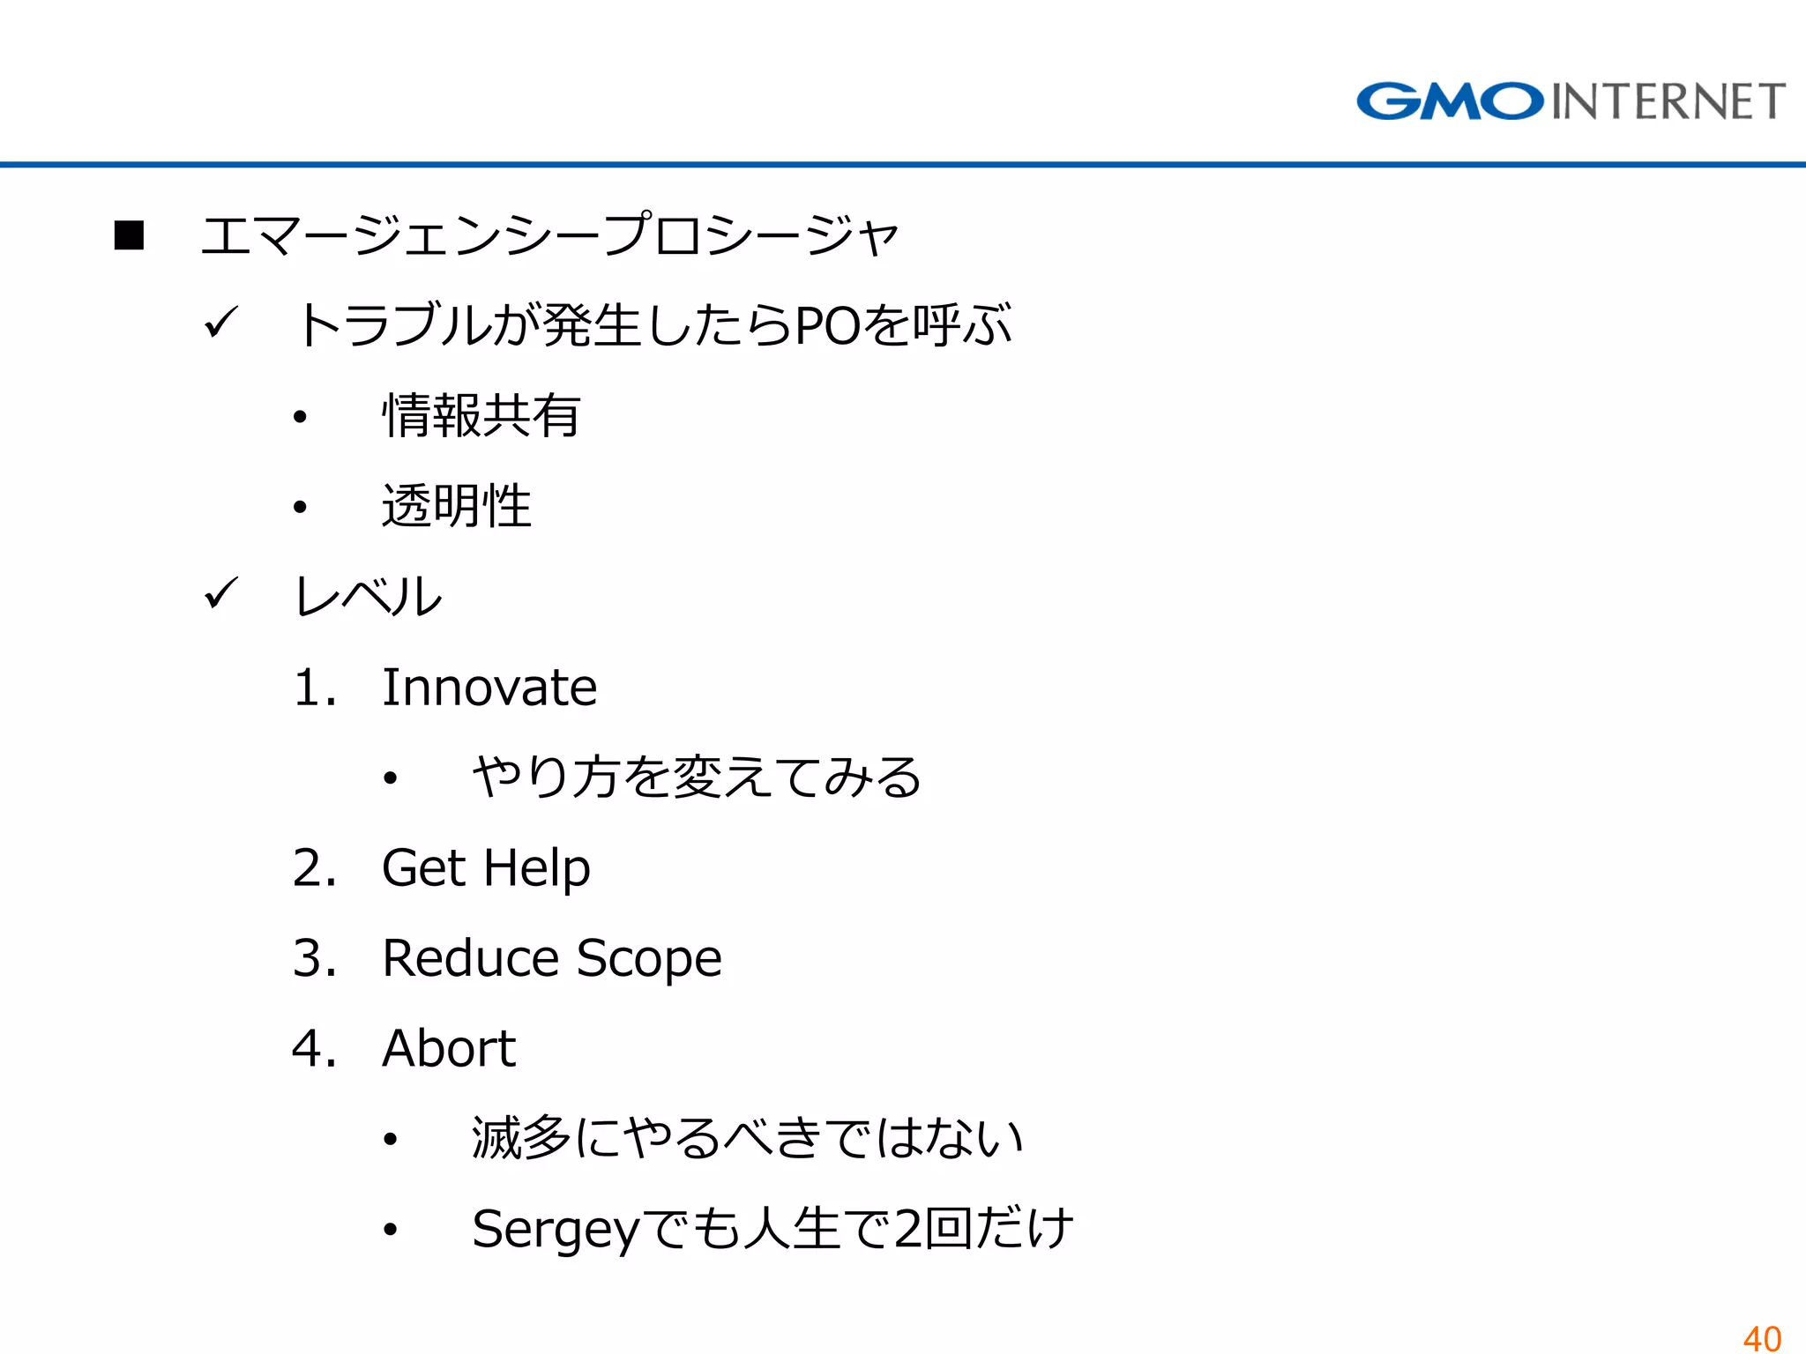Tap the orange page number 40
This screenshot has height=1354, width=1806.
coord(1762,1338)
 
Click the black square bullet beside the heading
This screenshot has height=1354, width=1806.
coord(130,235)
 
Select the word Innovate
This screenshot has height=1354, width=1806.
coord(489,688)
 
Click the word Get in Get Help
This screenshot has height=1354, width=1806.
coord(423,868)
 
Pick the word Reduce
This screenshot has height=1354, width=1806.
coord(471,958)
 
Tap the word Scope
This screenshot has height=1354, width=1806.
coord(649,960)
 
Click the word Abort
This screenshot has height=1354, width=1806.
coord(449,1049)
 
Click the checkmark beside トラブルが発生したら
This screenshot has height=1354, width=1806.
coord(220,323)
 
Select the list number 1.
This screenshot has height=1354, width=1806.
coord(310,688)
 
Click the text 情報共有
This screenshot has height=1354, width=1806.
coord(481,416)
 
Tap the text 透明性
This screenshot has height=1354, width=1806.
coord(457,506)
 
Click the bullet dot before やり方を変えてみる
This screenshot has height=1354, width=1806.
coord(391,778)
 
